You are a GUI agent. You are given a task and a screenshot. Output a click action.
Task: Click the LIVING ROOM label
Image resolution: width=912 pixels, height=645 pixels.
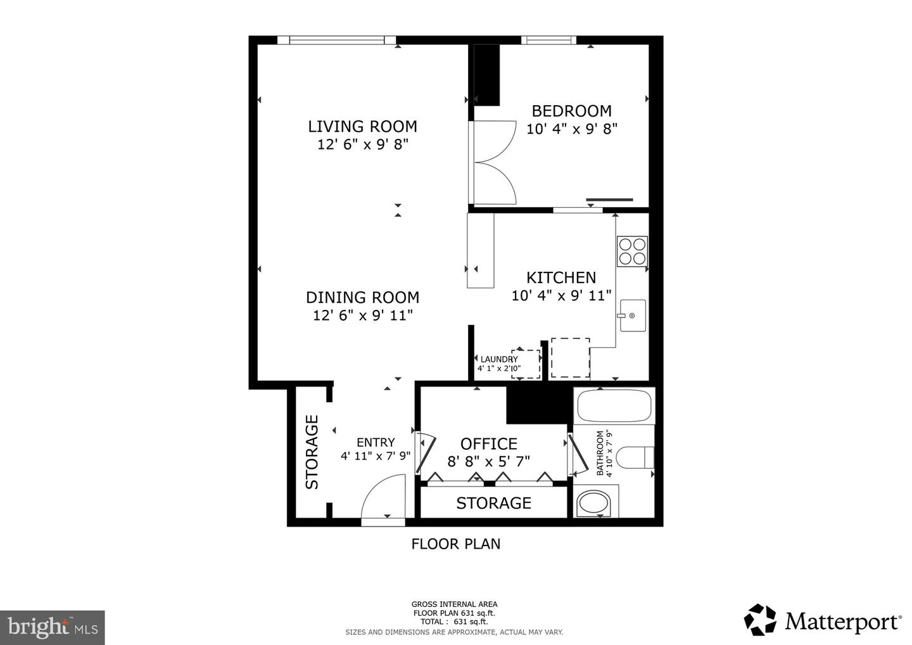coord(362,126)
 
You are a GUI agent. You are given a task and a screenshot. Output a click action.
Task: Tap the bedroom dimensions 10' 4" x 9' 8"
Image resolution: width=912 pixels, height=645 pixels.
coord(571,129)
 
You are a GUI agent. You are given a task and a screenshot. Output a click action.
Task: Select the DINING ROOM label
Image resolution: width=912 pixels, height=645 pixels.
coord(362,297)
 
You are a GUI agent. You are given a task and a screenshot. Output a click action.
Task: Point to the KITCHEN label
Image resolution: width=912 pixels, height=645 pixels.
coord(561,278)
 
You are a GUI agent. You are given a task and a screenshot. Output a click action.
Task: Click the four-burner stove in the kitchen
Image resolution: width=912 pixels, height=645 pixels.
coord(632,250)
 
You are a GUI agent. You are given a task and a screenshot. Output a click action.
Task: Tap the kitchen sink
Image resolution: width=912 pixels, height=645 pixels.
coord(632,316)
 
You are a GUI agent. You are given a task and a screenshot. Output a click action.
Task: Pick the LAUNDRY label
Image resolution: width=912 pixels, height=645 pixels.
coord(499,359)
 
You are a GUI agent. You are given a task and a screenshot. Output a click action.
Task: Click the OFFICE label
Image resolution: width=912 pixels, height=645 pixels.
coord(488,444)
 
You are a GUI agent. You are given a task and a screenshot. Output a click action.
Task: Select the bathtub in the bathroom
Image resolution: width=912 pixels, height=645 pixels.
coord(613,406)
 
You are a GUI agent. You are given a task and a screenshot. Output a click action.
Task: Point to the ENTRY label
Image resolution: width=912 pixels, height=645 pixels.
coord(376,442)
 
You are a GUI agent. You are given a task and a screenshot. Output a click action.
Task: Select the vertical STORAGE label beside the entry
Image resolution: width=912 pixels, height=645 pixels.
coord(312,452)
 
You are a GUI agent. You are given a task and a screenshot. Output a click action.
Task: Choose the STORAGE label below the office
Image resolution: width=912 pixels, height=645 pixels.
coord(493,503)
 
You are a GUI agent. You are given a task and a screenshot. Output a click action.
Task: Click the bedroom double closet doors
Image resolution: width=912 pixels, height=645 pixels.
coord(494,162)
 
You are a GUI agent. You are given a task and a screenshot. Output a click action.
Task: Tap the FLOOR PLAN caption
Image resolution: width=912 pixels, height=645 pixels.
coord(455,544)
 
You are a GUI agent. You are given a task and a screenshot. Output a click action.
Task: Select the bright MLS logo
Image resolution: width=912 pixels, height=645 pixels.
coord(52,627)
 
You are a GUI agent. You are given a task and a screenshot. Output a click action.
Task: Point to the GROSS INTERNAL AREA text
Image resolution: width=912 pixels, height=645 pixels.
coord(454,604)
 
